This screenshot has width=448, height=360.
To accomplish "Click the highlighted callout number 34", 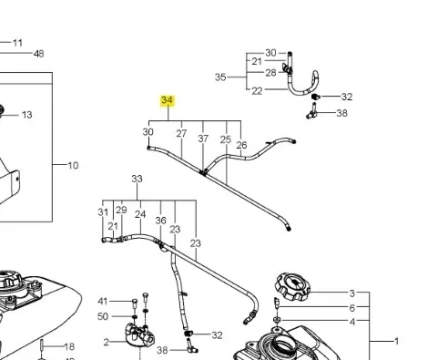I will tap(167, 100).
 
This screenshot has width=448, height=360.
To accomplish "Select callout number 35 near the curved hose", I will tap(220, 78).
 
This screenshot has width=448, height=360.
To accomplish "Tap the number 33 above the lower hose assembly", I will tap(137, 180).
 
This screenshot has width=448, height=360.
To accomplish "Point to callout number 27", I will tap(181, 133).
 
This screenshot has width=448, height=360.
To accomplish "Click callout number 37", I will tap(203, 139).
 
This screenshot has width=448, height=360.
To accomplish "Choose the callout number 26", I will tap(241, 145).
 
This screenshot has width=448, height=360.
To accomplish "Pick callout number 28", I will tap(270, 73).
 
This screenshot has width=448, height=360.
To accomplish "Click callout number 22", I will tap(257, 90).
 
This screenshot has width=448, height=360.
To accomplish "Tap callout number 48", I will tap(38, 54).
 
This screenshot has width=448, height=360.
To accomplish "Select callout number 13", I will tap(26, 115).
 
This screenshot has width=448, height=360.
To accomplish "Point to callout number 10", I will tap(74, 166).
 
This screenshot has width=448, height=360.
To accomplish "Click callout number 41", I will tap(103, 301).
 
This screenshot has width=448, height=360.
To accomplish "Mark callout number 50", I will tap(103, 315).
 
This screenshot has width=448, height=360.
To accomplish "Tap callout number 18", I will tap(69, 347).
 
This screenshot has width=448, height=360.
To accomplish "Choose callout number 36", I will tap(161, 220).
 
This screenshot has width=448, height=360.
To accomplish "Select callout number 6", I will tap(352, 308).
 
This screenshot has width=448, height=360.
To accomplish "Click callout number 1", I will tap(396, 340).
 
